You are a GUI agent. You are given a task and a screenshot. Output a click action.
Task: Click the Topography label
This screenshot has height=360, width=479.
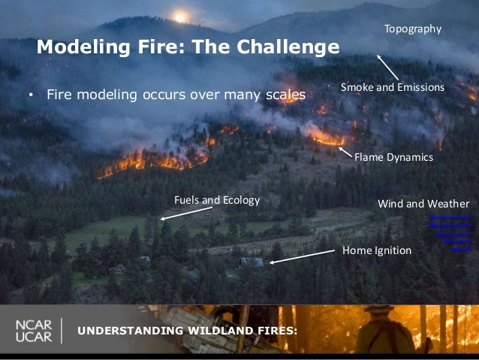(412, 29)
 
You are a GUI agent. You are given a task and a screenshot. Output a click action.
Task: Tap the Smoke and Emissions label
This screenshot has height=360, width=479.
(392, 87)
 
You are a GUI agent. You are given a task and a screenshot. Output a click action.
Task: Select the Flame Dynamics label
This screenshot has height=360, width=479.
(393, 158)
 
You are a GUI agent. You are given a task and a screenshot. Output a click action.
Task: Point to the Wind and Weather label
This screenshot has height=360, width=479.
(423, 204)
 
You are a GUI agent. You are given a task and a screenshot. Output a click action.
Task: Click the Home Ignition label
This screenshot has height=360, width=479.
(376, 250)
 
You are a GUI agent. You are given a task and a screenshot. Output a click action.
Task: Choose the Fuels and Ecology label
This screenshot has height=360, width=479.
(216, 200)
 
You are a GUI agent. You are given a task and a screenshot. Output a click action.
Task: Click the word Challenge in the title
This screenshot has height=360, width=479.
(288, 47)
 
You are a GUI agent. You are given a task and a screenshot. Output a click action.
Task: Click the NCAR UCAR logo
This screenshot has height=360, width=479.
(33, 331)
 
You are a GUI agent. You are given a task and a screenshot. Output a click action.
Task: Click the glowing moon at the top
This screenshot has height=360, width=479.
(179, 17)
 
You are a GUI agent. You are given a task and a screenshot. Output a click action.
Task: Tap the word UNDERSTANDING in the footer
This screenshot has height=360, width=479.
(125, 331)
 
